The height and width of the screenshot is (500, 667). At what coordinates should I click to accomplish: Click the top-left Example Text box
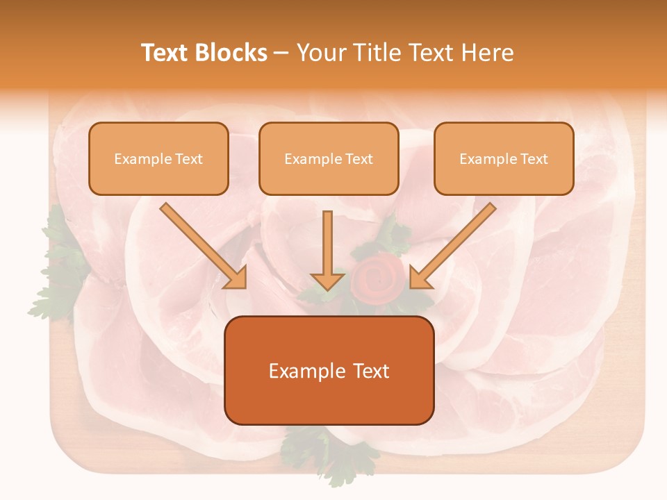point(158,158)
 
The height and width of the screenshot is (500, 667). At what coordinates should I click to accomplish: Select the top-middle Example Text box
point(329,158)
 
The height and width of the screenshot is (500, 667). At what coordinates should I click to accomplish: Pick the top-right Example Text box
point(504,158)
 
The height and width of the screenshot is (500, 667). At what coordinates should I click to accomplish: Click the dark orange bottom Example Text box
point(329,370)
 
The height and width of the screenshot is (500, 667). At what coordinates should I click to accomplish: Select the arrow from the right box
point(453,246)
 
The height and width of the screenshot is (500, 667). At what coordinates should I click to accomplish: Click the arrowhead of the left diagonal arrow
point(236,278)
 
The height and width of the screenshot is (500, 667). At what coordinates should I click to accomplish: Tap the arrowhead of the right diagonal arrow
point(420,278)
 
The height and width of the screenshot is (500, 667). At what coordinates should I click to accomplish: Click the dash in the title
point(281,53)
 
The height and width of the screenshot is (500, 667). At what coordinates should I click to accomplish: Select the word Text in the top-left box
point(189,158)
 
